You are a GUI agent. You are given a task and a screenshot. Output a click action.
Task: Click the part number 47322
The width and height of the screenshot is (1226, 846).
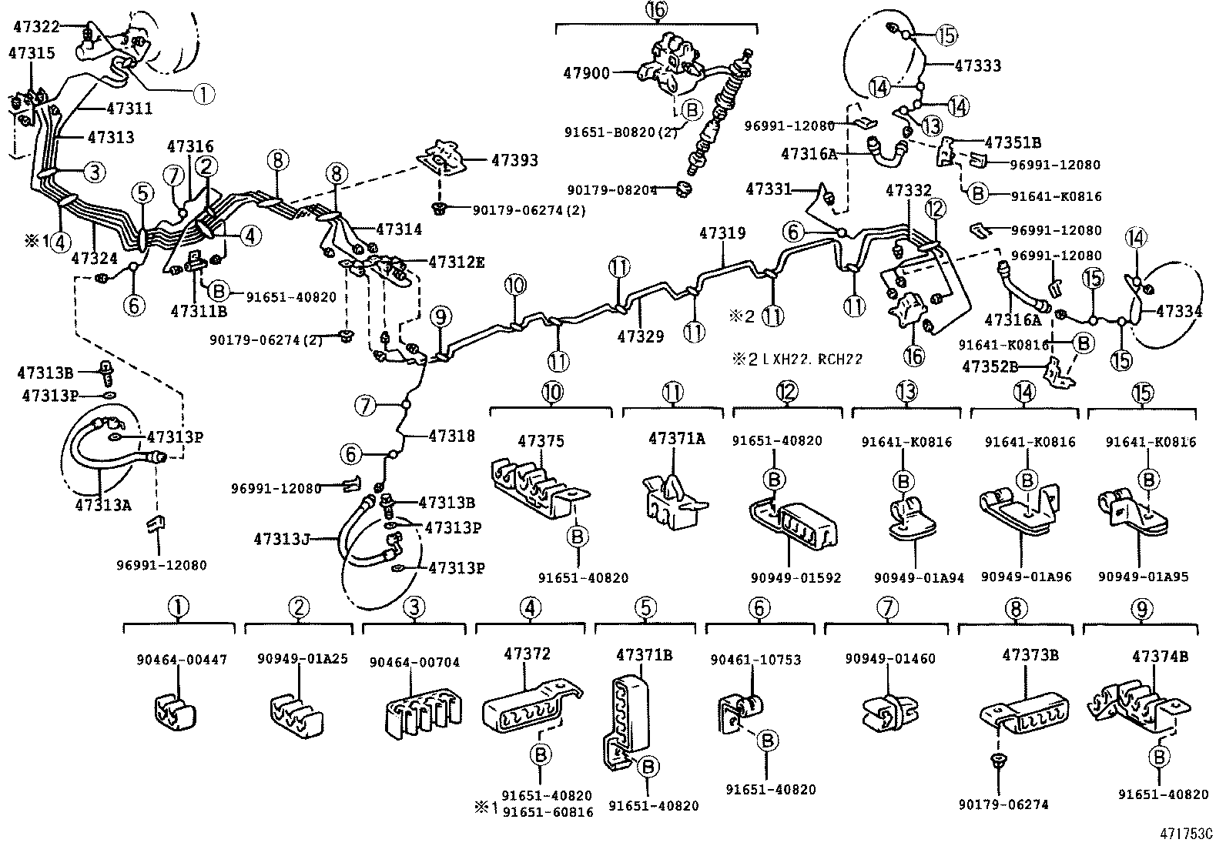click(36, 26)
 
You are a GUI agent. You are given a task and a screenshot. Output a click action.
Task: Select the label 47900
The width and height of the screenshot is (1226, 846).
click(587, 73)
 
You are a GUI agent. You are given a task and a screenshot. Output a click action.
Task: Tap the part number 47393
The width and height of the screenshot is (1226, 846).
click(514, 160)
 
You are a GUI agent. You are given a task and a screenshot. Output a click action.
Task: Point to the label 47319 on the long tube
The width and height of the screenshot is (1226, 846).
click(722, 233)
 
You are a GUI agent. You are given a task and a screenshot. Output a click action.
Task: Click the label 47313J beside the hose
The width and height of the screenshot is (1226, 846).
click(281, 540)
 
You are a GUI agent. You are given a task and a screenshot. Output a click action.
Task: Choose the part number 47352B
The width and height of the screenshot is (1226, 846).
click(990, 366)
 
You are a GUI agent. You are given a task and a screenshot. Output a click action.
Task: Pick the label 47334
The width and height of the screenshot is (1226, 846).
click(1179, 311)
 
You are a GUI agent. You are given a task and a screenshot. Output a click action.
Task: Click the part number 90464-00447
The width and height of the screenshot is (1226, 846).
click(182, 660)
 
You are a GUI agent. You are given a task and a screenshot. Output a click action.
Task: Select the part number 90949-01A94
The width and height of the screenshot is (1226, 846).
click(919, 577)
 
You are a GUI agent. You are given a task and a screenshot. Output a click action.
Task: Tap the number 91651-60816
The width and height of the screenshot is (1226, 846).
click(548, 812)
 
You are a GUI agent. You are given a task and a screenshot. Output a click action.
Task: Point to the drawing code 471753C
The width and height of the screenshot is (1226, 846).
click(1191, 834)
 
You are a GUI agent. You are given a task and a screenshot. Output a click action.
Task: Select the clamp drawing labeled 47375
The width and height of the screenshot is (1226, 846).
click(538, 490)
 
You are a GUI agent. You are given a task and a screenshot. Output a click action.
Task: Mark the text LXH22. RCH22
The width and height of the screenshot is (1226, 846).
click(812, 359)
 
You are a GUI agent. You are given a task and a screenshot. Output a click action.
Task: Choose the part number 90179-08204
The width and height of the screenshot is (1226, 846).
click(612, 190)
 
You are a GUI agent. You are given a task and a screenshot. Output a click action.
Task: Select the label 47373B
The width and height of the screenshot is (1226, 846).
click(1030, 654)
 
